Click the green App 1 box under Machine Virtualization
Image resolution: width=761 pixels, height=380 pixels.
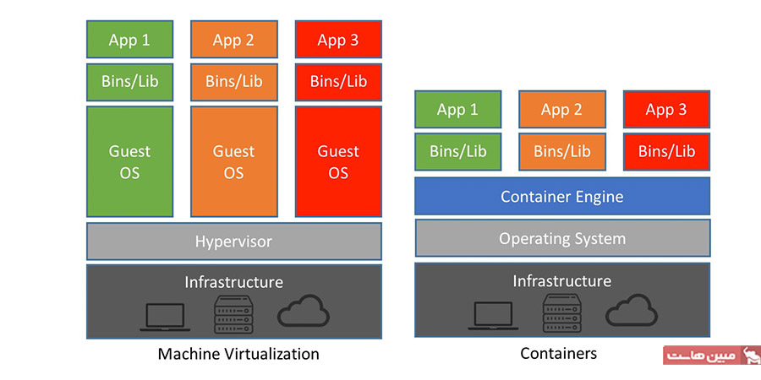click(x=129, y=40)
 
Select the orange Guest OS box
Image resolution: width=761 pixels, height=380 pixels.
click(x=233, y=161)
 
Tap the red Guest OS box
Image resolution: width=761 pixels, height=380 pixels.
click(x=338, y=161)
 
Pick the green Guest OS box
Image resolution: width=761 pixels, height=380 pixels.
click(x=129, y=161)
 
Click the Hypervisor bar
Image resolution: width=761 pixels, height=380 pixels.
click(x=233, y=242)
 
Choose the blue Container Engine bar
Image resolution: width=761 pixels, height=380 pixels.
click(x=561, y=197)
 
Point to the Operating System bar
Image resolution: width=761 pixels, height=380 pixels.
click(x=561, y=238)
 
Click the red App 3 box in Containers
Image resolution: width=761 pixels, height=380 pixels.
click(x=666, y=110)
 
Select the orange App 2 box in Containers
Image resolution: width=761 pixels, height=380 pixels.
click(x=561, y=110)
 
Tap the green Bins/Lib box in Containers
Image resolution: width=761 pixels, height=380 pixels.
click(x=457, y=152)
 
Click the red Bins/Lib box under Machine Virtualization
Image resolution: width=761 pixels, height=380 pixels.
click(x=338, y=82)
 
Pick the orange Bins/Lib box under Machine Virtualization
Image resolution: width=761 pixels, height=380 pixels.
click(x=233, y=82)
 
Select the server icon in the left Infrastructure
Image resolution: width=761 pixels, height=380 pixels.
click(x=233, y=315)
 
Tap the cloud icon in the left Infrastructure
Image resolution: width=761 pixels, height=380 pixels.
click(x=303, y=312)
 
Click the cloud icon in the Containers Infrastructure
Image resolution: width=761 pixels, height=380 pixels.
click(x=631, y=312)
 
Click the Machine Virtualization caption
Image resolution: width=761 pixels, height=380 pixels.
click(x=238, y=354)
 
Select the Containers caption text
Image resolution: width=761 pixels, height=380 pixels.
click(x=558, y=353)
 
